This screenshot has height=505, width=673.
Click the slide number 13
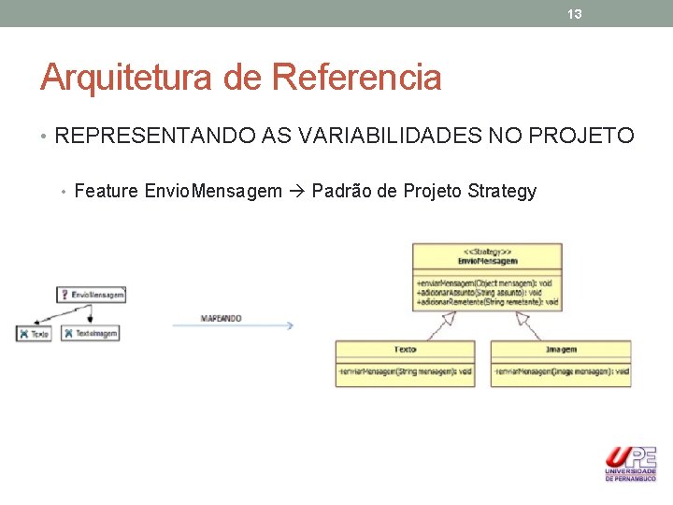tap(575, 14)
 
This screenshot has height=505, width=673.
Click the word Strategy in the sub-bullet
tap(501, 192)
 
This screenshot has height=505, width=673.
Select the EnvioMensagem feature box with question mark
tap(92, 295)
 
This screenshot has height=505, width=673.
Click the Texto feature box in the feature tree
tap(34, 333)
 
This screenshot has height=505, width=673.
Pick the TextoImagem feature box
tap(91, 333)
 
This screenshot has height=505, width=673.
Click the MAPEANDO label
tap(221, 318)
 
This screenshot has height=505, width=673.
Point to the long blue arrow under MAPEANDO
tap(247, 326)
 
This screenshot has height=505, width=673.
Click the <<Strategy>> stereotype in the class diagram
tap(487, 252)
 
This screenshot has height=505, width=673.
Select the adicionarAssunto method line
tap(486, 292)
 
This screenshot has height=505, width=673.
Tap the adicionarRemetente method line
tap(486, 302)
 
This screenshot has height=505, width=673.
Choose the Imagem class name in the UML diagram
tap(561, 350)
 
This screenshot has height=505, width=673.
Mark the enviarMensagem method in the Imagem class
tap(561, 371)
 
